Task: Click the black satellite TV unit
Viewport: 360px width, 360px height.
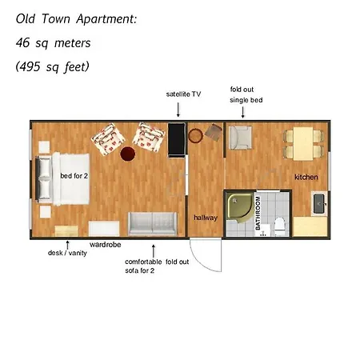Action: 177,140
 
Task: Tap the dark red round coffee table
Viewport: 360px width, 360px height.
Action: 128,154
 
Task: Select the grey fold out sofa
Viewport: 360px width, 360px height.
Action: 153,223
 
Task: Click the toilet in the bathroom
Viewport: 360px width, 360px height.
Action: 280,226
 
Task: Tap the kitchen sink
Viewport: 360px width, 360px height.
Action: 319,203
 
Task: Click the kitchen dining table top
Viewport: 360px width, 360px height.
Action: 303,144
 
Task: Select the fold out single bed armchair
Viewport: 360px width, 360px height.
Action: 240,138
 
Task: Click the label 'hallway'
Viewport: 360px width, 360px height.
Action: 206,218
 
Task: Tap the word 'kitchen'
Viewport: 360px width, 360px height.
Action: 306,177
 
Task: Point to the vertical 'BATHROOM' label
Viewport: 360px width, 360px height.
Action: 258,213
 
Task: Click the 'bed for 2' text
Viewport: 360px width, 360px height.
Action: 74,176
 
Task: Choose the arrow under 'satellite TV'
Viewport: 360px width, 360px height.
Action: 178,110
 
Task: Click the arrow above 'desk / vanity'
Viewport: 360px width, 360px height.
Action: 68,245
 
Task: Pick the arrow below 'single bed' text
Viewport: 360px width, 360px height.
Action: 242,112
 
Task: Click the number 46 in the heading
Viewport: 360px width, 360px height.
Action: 22,42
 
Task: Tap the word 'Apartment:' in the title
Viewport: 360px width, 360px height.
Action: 106,19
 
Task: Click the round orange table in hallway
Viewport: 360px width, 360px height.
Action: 195,135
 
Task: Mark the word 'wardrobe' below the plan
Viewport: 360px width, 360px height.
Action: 106,245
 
